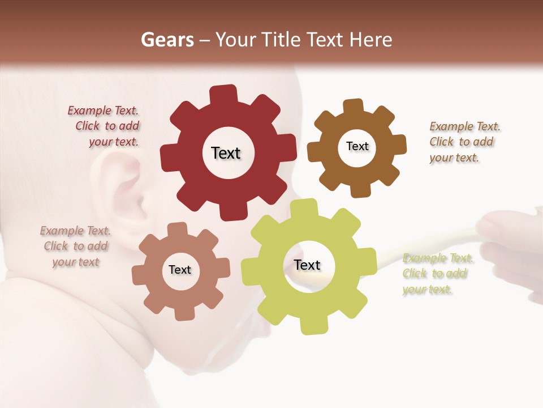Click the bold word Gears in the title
[x=167, y=40]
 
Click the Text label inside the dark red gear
[x=226, y=153]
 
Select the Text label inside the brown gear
[x=357, y=146]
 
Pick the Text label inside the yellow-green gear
[x=307, y=265]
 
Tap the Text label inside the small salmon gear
[x=180, y=270]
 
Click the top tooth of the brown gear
[x=354, y=106]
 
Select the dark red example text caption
[x=105, y=126]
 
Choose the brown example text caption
[x=464, y=142]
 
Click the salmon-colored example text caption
[x=76, y=246]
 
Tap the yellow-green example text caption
[x=437, y=274]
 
